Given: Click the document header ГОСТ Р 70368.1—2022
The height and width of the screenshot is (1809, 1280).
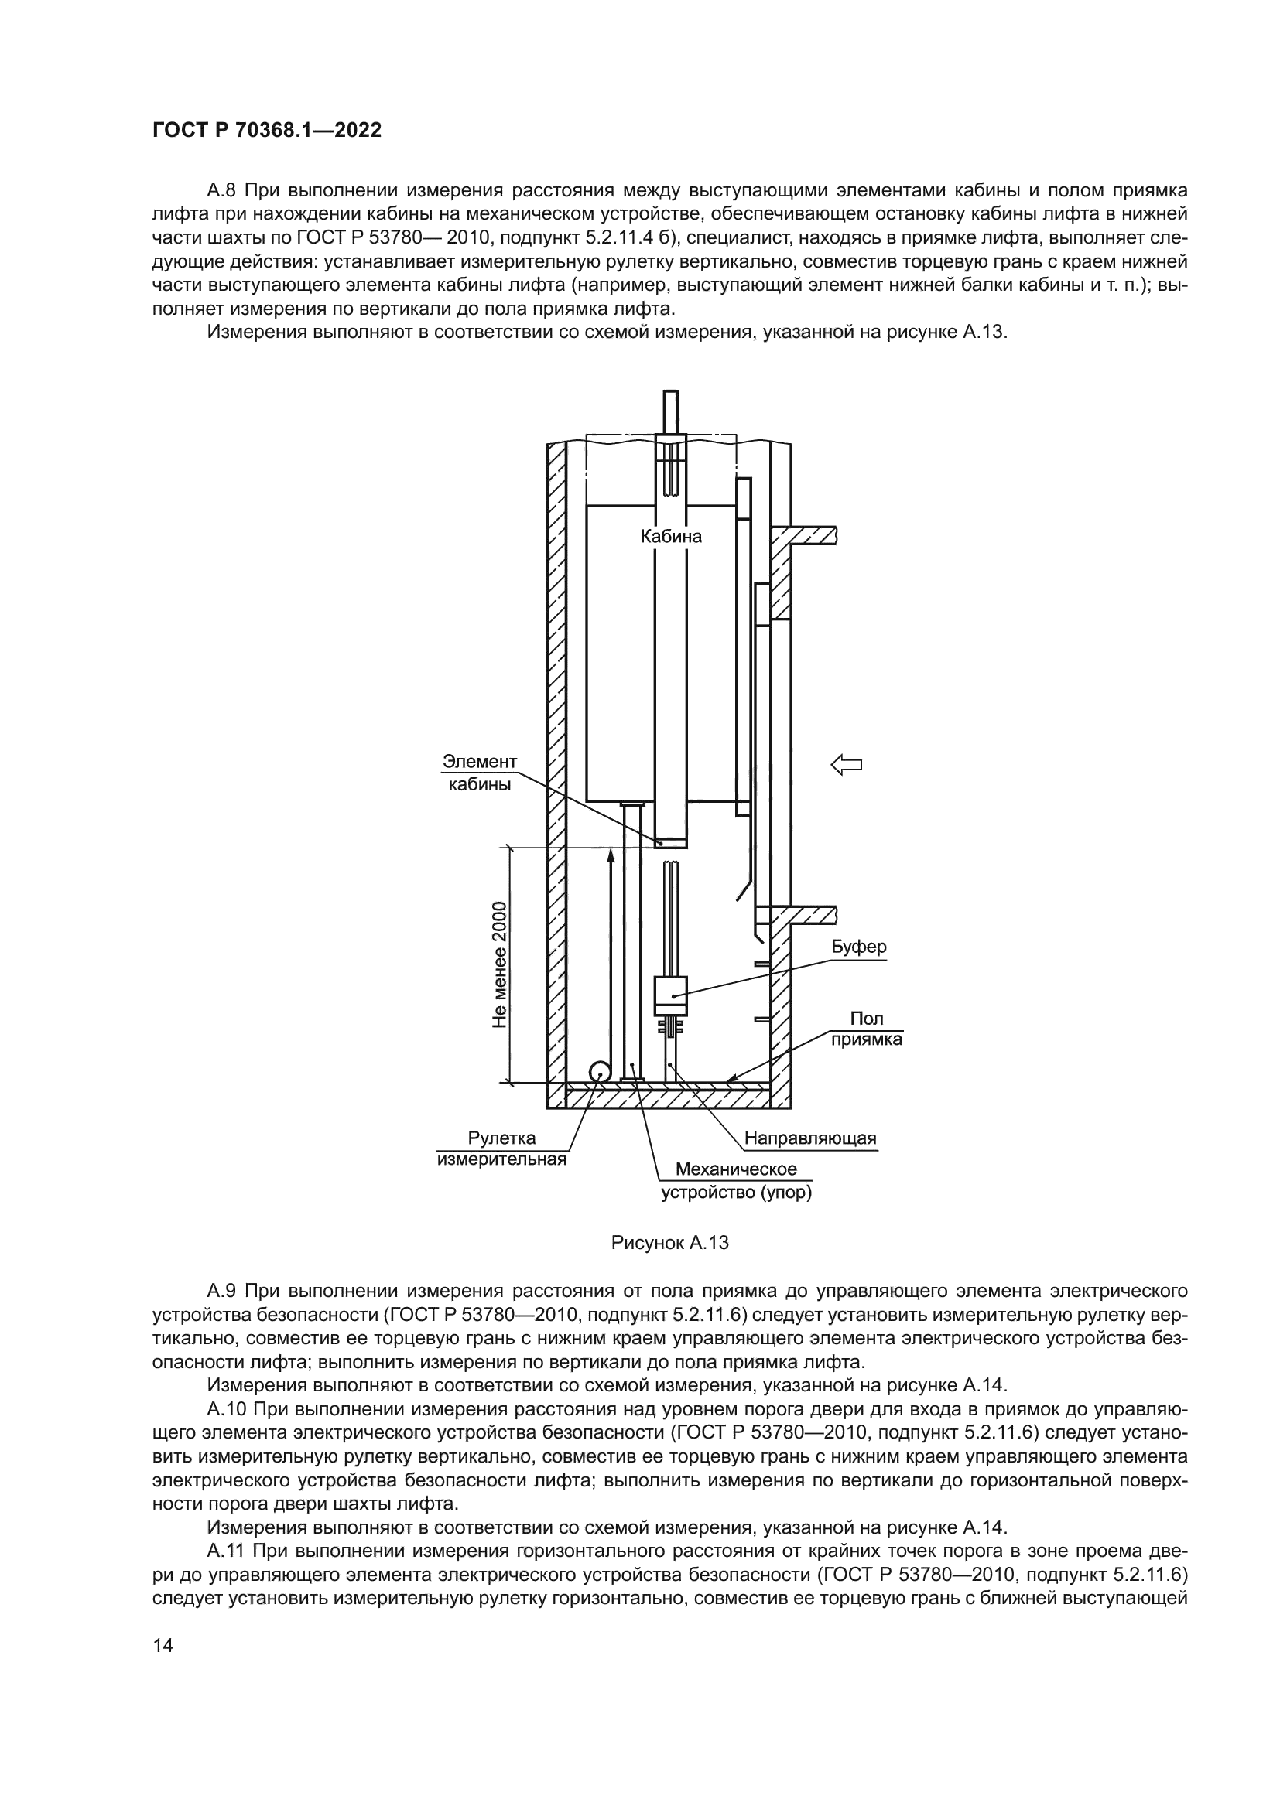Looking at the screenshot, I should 266,131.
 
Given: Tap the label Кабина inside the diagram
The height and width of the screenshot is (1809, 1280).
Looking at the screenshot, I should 670,537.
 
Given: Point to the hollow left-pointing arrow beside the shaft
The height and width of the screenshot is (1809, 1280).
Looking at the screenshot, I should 847,763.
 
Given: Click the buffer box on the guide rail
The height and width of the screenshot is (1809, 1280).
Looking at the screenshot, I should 671,995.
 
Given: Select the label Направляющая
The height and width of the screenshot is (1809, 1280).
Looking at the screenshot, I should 810,1138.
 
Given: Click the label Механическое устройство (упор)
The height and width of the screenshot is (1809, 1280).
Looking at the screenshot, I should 736,1180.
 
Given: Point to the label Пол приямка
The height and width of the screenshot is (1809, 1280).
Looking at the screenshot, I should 867,1028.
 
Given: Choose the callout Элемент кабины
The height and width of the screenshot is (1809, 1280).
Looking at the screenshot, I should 479,772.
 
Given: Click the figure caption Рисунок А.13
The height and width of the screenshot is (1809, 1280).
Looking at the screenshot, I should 669,1244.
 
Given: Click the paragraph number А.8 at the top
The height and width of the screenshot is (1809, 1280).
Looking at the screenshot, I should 222,191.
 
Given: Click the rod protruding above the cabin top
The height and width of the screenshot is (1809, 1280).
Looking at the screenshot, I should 671,411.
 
